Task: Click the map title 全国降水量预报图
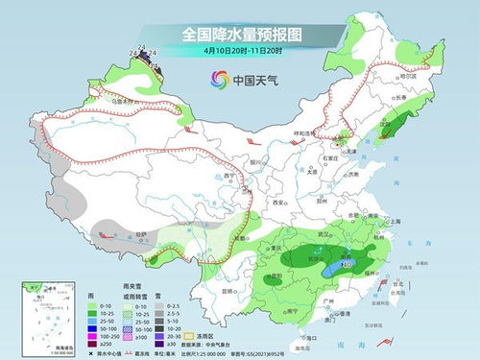(241, 34)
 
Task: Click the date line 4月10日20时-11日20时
(241, 50)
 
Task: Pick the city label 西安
(278, 204)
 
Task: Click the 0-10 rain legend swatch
(104, 305)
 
